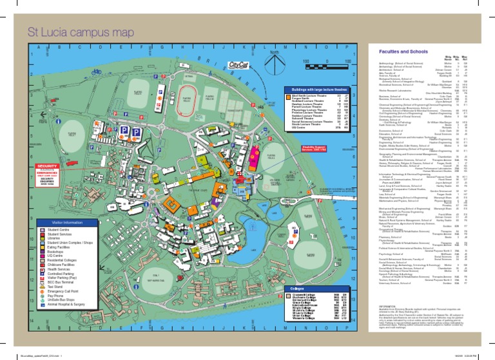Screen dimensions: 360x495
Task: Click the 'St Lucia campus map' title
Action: [x=80, y=32]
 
